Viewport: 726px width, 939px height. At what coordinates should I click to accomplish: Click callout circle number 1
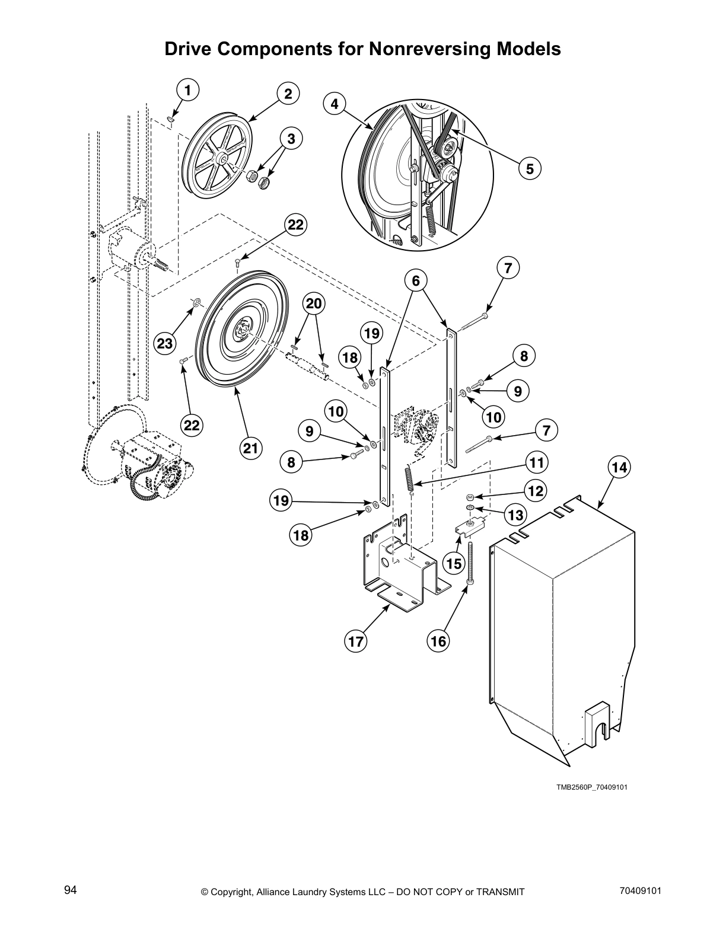pos(187,91)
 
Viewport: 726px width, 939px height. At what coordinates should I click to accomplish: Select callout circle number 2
pos(288,93)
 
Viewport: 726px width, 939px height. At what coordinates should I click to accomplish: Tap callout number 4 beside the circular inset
pos(335,104)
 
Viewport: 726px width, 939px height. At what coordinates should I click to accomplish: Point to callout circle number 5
pos(529,168)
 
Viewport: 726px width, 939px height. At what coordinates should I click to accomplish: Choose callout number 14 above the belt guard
pos(619,468)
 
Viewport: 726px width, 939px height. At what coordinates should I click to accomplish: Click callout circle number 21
pos(251,448)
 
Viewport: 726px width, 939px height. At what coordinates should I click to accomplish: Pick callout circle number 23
pos(165,343)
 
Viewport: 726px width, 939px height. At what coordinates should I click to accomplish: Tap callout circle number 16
pos(438,641)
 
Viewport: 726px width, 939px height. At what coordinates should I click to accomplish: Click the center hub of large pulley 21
pos(244,330)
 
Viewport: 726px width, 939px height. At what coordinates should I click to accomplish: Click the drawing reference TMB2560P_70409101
pos(591,787)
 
